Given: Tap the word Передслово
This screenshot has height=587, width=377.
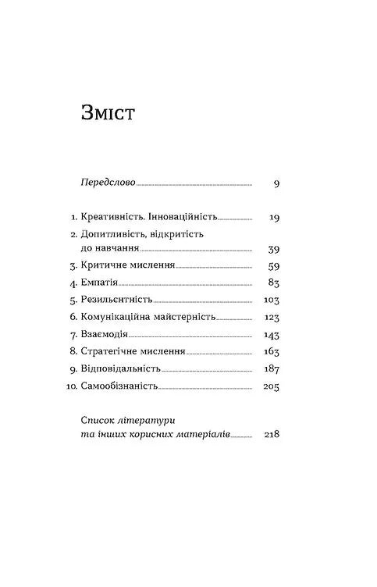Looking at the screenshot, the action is [108, 183].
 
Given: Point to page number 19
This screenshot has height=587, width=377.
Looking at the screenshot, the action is [272, 218].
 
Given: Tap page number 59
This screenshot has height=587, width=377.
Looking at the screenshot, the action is [272, 266].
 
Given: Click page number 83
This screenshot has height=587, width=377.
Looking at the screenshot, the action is [272, 283].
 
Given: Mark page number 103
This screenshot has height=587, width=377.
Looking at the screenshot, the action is [271, 301].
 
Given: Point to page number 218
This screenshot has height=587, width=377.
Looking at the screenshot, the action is [271, 435].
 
